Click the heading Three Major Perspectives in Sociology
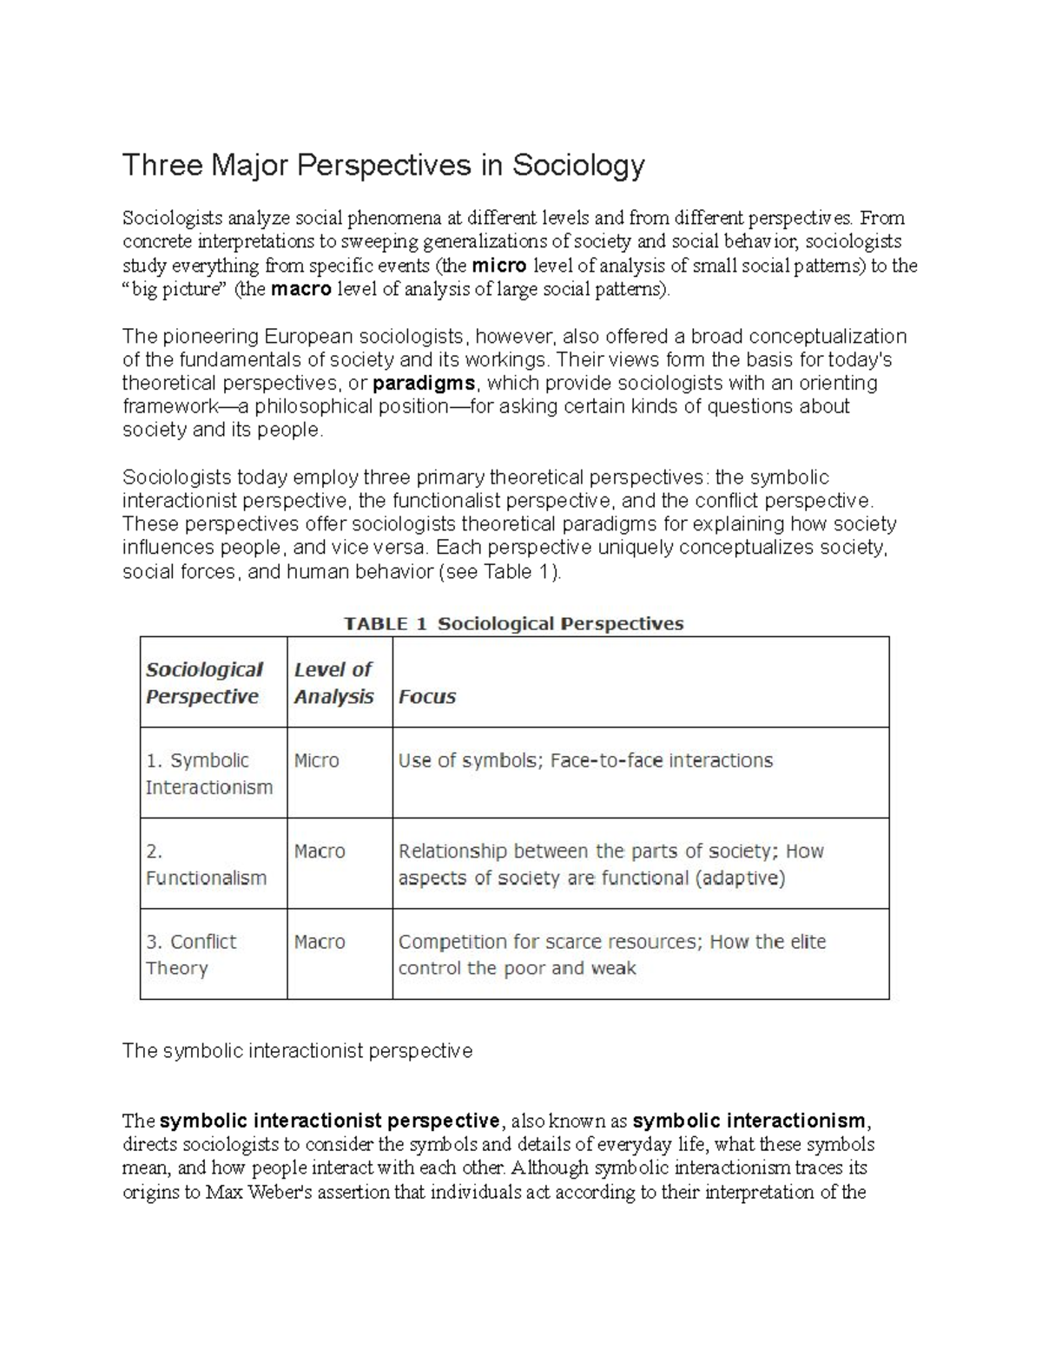tap(383, 165)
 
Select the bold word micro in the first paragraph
tap(498, 266)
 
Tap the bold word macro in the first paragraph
tap(301, 289)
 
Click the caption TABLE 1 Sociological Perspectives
tap(514, 623)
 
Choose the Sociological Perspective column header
tap(204, 683)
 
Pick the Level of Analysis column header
tap(333, 683)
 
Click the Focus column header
tap(426, 697)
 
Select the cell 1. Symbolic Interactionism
tap(209, 773)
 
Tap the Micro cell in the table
tap(316, 760)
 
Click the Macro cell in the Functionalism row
tap(320, 852)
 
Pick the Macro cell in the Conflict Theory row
tap(320, 942)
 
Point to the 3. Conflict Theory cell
tap(191, 955)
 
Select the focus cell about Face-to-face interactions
tap(585, 760)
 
